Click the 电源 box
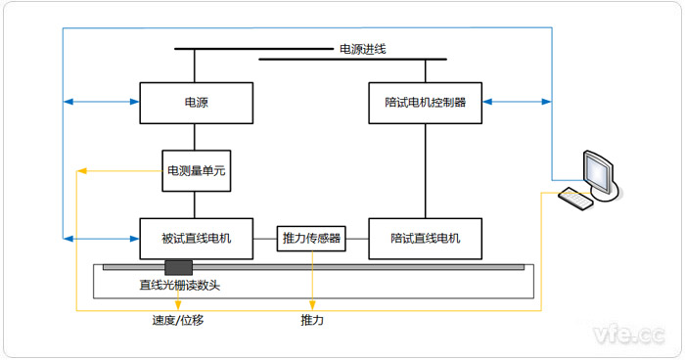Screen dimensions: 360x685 tap(196, 102)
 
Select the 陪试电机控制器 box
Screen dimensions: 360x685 tap(426, 102)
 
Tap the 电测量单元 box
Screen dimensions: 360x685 tap(196, 170)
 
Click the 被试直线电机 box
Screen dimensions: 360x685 tap(196, 238)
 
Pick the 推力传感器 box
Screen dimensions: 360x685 tap(311, 238)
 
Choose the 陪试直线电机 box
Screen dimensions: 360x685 tap(426, 238)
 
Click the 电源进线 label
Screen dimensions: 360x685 tap(363, 49)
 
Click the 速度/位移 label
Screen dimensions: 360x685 tap(177, 320)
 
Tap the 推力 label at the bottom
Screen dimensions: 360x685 tap(312, 320)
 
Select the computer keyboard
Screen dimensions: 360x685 tap(577, 199)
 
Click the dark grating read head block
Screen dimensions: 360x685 tap(179, 267)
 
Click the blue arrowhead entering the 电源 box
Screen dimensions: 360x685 tap(134, 102)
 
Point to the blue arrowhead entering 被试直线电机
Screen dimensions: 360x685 tap(134, 238)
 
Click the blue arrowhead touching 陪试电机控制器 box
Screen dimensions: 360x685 tap(488, 102)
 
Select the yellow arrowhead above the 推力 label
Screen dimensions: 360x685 tap(312, 304)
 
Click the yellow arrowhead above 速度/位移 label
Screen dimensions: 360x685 tap(177, 304)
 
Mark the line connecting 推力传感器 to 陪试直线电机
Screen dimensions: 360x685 tap(357, 238)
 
